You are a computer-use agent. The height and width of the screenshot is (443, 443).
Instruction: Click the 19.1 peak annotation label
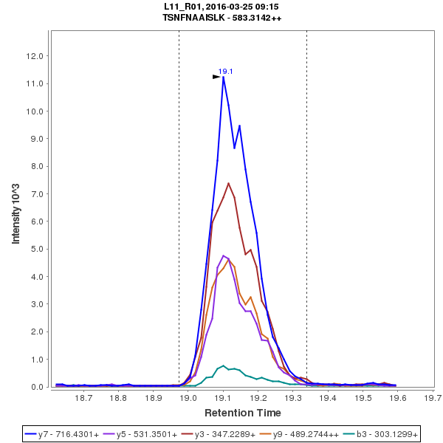tap(226, 72)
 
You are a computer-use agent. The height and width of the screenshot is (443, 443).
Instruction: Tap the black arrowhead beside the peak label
tap(216, 76)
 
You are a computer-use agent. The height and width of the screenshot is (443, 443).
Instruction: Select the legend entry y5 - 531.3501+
tap(145, 434)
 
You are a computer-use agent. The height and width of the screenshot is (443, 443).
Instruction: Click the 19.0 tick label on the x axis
tap(189, 398)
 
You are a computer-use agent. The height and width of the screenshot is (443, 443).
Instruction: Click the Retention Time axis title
tap(242, 412)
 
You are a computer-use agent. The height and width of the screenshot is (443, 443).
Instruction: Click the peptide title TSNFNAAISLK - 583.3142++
tap(222, 17)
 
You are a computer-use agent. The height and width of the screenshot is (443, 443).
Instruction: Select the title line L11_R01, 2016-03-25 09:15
tap(221, 7)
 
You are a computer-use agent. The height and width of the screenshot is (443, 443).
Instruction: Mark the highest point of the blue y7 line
tap(223, 77)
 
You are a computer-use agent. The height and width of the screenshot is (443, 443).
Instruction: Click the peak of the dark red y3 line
tap(228, 183)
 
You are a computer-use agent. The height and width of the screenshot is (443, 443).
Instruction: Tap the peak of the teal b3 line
tap(223, 365)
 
